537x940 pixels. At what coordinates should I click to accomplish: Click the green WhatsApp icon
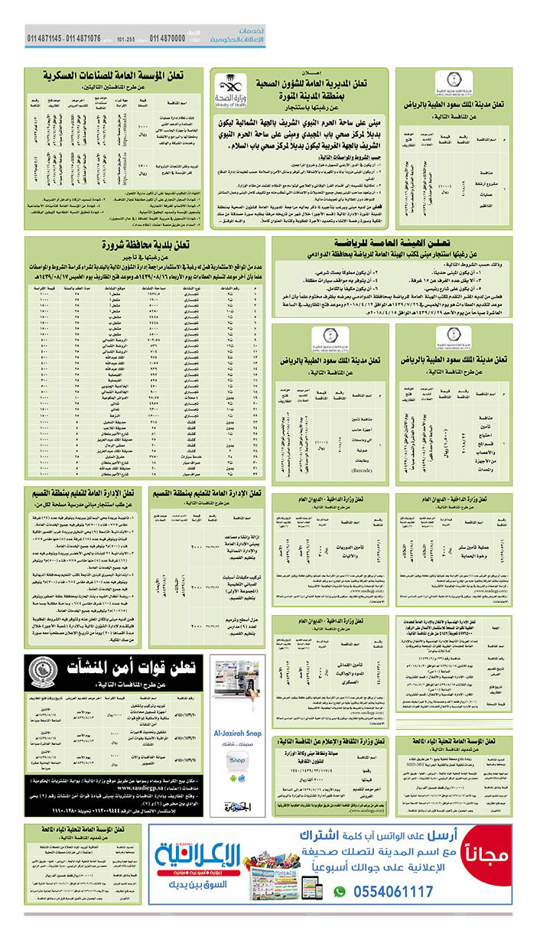pyautogui.click(x=340, y=892)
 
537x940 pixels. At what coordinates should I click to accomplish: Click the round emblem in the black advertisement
pyautogui.click(x=44, y=674)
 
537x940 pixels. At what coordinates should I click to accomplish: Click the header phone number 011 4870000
pyautogui.click(x=168, y=37)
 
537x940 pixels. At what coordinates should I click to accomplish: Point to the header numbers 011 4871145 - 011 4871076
pyautogui.click(x=64, y=37)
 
